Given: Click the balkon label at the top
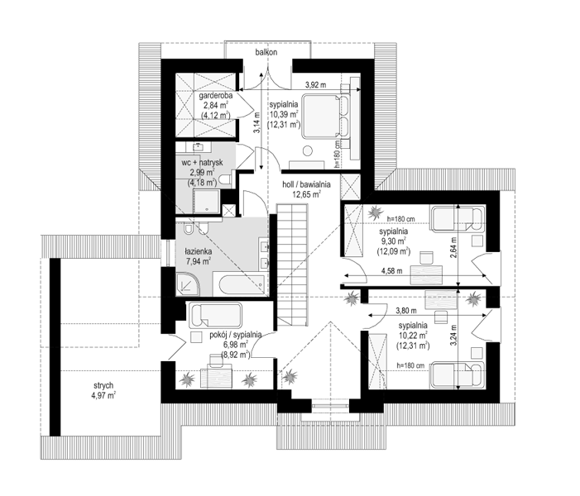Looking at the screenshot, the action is point(266,52).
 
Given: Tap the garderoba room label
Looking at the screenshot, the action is point(216,96).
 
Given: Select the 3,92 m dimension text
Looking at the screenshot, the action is point(315,84).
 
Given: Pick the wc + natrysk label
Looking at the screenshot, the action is point(202,163).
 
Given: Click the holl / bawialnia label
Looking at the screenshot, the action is point(306,184).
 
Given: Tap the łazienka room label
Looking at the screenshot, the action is point(199,251).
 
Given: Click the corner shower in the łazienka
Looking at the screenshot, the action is point(187,284).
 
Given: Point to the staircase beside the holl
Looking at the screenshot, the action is point(292,265).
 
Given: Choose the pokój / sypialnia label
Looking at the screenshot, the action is point(236,335).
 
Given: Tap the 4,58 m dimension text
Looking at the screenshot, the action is point(392,271).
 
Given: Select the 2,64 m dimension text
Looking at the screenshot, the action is point(454,247).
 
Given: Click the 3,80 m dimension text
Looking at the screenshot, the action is point(405,311).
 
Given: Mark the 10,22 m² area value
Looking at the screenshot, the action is point(413,336).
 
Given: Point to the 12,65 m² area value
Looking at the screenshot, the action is point(307,193).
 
